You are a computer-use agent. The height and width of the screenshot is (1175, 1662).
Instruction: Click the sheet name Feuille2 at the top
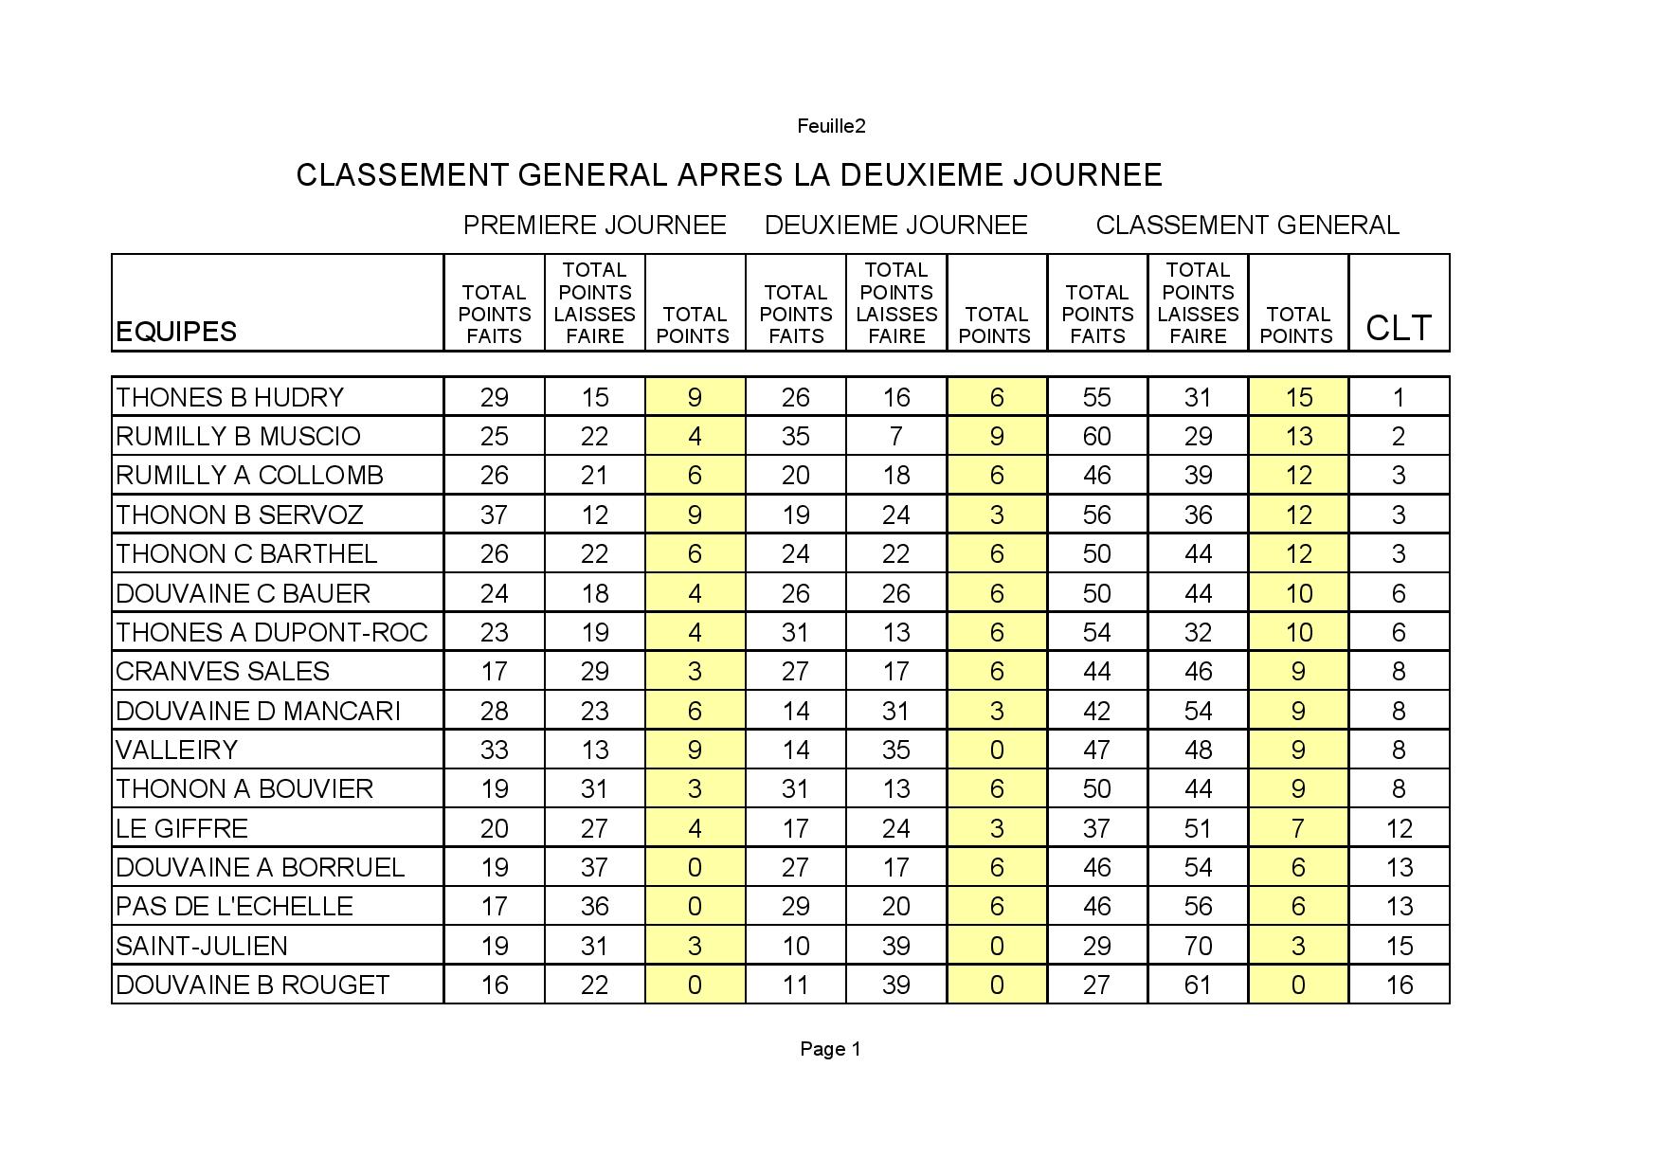click(x=831, y=126)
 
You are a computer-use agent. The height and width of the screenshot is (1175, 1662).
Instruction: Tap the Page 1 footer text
click(x=830, y=1049)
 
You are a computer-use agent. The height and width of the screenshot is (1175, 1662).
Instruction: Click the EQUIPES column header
click(x=176, y=332)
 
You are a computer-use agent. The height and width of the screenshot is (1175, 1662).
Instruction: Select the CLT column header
click(x=1399, y=328)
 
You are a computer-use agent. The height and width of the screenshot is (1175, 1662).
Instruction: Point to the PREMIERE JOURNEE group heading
click(x=594, y=226)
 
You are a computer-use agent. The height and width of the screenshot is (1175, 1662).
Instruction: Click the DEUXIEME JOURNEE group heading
click(x=895, y=226)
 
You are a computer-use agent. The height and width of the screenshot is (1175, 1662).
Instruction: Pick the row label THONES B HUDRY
click(x=229, y=397)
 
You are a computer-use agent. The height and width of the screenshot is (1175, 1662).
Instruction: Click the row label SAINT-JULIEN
click(x=201, y=946)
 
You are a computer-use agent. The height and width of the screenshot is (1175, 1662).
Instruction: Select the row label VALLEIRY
click(x=176, y=750)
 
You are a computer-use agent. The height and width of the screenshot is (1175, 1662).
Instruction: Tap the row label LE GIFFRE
click(x=182, y=828)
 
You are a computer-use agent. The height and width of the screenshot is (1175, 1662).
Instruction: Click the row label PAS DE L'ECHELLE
click(x=234, y=906)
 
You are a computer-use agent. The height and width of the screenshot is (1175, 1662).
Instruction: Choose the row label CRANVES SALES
click(x=223, y=671)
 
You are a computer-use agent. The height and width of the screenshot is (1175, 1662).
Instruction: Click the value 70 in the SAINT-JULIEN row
click(x=1198, y=946)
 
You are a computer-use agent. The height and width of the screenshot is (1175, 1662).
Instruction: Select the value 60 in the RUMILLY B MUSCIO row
click(x=1096, y=436)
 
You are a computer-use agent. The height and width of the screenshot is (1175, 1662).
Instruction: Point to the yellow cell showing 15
click(x=1298, y=397)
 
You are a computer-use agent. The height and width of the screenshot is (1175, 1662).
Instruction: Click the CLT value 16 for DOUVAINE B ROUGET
click(x=1399, y=985)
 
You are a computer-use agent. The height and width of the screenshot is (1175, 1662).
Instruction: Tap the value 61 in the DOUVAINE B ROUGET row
click(x=1198, y=985)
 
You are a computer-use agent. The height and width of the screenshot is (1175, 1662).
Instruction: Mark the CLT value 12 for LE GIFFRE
click(x=1399, y=828)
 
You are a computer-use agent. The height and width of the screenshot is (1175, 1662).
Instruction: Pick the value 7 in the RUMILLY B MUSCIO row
click(x=895, y=436)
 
